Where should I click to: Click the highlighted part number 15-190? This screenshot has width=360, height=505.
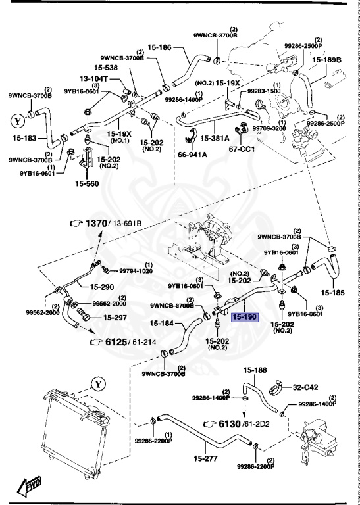245,316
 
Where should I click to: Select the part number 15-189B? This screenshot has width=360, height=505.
327,60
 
